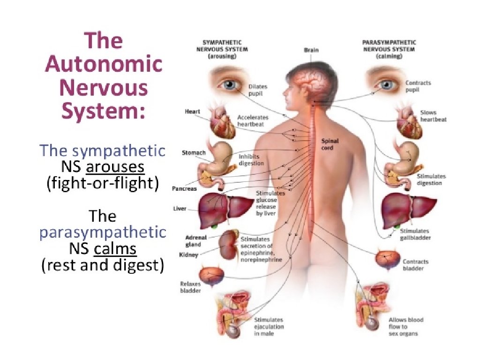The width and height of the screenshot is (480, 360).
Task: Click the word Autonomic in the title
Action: (x=104, y=64)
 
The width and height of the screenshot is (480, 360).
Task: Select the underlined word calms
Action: (x=115, y=249)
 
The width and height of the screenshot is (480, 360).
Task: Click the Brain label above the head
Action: (x=311, y=50)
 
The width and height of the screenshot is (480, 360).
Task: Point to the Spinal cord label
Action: (x=330, y=144)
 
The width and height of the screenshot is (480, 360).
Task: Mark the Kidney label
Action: (x=188, y=255)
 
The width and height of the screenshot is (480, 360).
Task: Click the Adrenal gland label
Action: (x=193, y=241)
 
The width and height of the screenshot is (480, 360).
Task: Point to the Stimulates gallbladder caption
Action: (x=415, y=234)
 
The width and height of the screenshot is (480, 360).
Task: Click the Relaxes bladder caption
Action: (x=190, y=287)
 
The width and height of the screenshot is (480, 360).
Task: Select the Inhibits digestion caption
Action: (x=251, y=160)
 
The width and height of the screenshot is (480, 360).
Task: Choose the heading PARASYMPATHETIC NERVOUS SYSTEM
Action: (x=389, y=45)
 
